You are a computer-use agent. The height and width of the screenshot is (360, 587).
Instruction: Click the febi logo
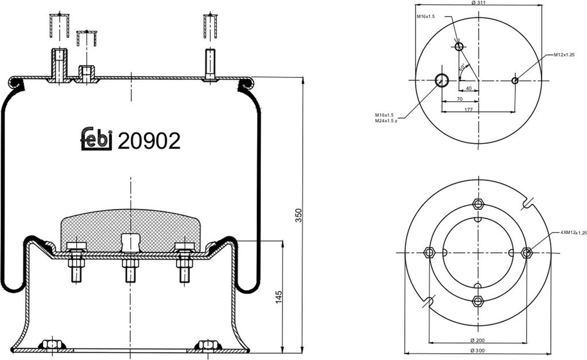point(96,139)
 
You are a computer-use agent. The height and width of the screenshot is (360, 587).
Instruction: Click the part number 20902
point(149,140)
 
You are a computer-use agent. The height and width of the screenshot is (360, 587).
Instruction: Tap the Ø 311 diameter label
point(479,3)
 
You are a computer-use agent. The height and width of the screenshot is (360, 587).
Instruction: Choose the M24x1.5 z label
point(386,121)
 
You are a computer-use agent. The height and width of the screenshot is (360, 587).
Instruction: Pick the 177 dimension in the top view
point(469,109)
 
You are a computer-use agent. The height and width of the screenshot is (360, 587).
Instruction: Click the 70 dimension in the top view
point(460,99)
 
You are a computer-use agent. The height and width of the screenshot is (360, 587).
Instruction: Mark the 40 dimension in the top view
point(468,88)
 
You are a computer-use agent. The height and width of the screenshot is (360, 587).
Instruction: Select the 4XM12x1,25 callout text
point(573,233)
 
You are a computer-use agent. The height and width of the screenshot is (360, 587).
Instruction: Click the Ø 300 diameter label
point(478,350)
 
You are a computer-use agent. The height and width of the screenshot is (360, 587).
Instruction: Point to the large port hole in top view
point(442,80)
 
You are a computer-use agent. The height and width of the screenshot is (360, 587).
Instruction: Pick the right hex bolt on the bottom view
point(526,252)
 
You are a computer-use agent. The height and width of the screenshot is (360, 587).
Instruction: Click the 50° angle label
point(462,68)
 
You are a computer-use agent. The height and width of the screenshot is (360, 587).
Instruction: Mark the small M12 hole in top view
point(515,80)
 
